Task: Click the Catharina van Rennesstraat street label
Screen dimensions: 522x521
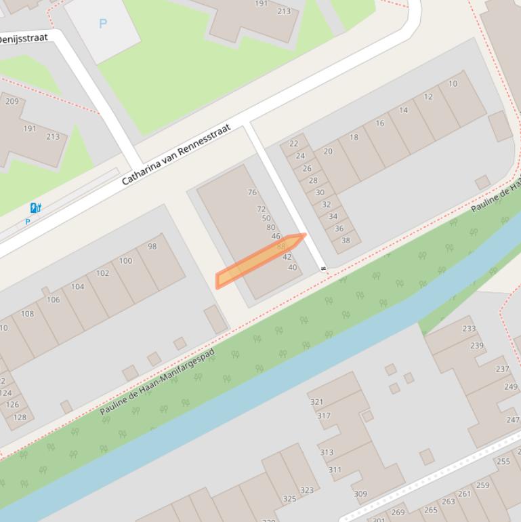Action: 176,155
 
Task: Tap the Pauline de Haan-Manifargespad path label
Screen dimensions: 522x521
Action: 157,382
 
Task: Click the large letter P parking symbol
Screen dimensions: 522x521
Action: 103,24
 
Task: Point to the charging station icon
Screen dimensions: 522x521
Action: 35,208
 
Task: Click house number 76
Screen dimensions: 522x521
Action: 252,193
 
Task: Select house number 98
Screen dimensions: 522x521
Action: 152,246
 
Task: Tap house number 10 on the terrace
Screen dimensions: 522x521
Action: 453,84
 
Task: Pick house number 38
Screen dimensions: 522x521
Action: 346,240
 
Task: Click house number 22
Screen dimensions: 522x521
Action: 293,144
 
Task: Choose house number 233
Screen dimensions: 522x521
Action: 469,329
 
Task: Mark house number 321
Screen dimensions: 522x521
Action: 316,402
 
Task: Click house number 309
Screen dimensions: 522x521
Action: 360,494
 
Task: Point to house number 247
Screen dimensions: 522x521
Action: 513,420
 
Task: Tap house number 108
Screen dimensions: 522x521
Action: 27,314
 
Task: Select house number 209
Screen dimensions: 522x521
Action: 12,102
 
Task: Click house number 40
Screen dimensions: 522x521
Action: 293,268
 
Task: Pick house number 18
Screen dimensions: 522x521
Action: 354,137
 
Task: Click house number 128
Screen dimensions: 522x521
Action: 20,417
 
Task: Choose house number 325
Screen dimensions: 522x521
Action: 289,499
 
